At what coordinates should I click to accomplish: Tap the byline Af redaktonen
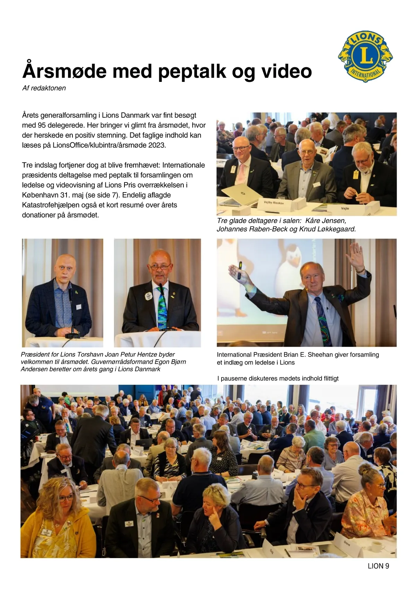tap(44, 88)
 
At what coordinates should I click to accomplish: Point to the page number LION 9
tap(378, 566)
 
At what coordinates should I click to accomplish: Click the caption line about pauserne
tap(278, 378)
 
